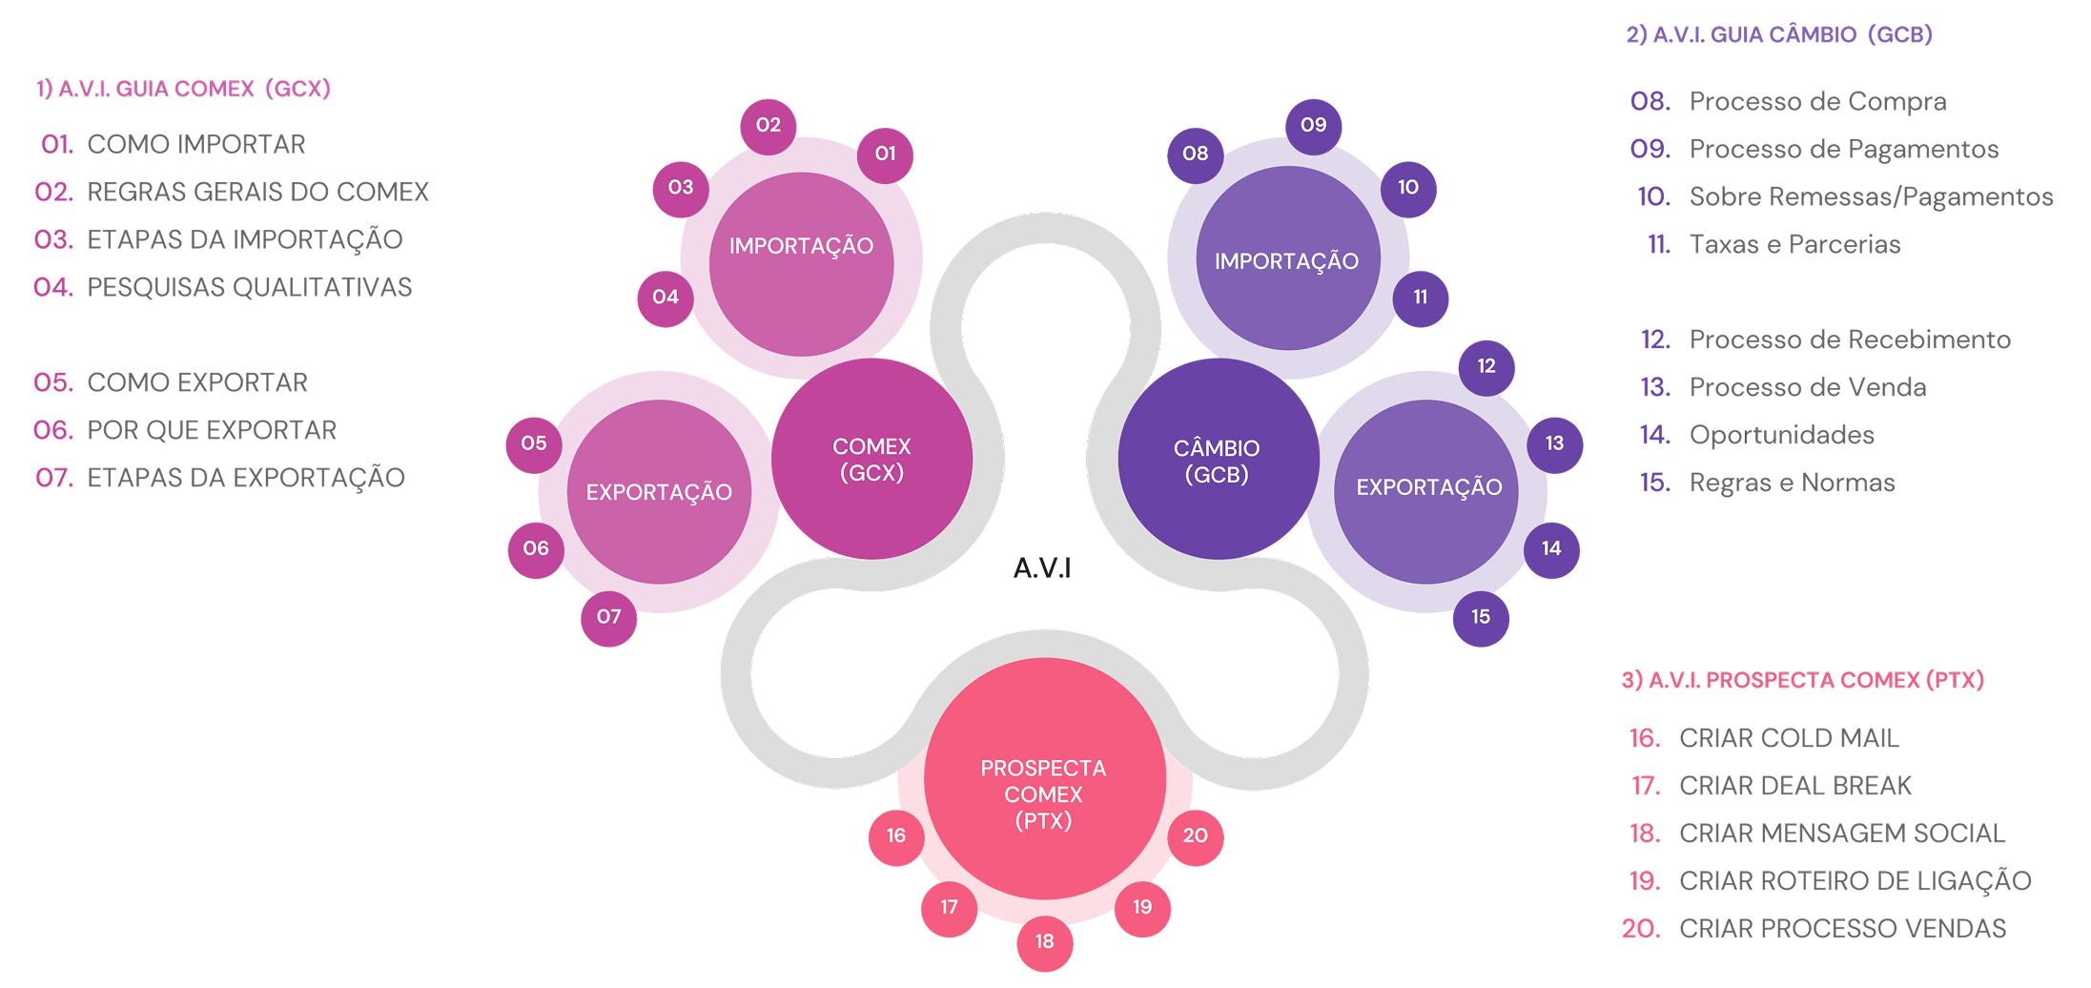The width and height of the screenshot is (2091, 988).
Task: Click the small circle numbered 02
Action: point(768,125)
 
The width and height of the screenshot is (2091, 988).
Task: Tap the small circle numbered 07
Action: point(608,617)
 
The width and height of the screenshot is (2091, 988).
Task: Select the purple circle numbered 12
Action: point(1486,366)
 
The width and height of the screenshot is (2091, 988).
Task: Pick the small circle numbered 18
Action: point(1044,942)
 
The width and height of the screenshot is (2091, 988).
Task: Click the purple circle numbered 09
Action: point(1313,125)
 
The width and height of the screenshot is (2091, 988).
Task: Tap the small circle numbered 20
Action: point(1195,836)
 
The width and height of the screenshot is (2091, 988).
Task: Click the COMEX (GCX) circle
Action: point(871,459)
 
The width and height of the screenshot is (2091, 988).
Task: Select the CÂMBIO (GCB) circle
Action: point(1218,460)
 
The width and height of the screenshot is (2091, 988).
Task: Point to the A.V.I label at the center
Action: point(1042,568)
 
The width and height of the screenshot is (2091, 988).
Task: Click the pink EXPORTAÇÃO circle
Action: point(659,492)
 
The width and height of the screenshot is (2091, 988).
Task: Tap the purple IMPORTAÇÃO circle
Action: point(1287,259)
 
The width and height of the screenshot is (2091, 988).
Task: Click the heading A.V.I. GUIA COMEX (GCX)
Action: point(183,89)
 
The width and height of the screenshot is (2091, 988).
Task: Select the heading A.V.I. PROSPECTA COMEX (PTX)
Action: point(1802,680)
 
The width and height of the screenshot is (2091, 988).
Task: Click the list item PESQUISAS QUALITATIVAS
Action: point(249,287)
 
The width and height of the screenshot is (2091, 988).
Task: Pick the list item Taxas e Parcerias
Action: point(1794,244)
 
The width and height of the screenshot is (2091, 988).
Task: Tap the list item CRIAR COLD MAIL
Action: point(1789,738)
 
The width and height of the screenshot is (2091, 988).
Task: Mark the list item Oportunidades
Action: point(1781,435)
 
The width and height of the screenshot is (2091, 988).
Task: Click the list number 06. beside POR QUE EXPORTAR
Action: point(53,430)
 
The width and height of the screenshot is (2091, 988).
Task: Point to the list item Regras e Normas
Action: point(1792,483)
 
